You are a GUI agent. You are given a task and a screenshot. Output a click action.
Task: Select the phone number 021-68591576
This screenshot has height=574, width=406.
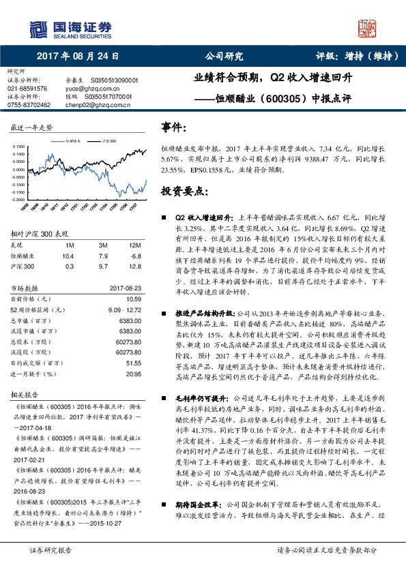(27, 89)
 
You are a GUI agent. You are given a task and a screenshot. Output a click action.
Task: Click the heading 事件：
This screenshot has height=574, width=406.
(173, 127)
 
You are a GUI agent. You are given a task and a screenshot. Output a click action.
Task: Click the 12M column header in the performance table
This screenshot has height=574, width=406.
(134, 245)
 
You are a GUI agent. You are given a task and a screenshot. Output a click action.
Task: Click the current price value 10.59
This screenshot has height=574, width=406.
(133, 299)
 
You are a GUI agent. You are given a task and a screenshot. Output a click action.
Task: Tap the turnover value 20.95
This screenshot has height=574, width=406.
(133, 374)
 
